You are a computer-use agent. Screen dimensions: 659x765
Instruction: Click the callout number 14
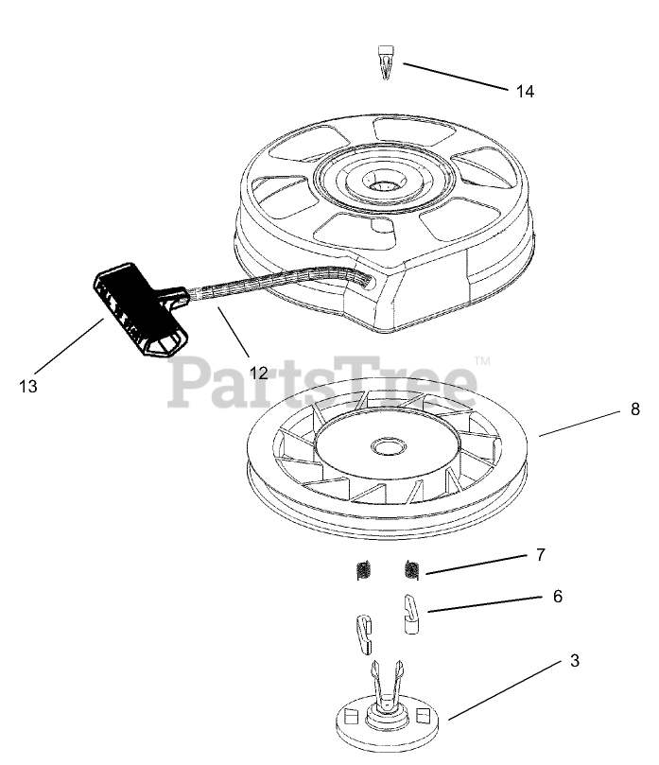526,91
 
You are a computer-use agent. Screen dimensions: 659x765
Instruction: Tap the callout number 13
28,386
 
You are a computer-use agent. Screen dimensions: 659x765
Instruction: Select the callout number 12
259,373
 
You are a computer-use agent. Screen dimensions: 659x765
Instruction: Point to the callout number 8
635,409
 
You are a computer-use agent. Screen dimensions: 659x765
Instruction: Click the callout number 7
540,555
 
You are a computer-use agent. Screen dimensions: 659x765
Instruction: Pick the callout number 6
557,596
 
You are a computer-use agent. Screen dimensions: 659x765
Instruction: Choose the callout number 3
574,663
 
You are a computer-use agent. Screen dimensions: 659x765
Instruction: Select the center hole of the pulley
386,444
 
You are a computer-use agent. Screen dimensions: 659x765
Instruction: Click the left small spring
360,571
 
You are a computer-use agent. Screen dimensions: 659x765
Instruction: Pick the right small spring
411,569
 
